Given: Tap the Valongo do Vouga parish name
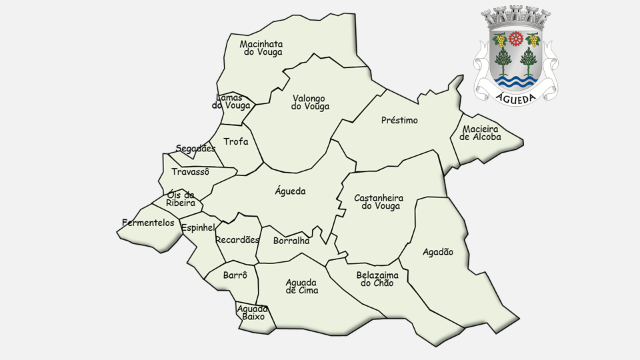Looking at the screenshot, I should click(x=311, y=102).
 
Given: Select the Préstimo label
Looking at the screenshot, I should click(x=399, y=121).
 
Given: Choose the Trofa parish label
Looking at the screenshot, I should click(x=236, y=141).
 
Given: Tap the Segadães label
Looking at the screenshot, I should click(x=195, y=149).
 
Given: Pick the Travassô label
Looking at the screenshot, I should click(x=190, y=172).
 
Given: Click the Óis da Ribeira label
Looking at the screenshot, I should click(x=181, y=199).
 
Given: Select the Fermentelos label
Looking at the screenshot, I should click(x=148, y=223).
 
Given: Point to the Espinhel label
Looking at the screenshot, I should click(x=198, y=228).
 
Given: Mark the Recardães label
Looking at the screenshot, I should click(x=237, y=240).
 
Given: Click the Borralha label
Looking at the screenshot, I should click(x=291, y=241).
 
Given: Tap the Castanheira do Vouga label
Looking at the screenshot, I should click(x=378, y=202).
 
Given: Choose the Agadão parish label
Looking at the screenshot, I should click(x=438, y=252).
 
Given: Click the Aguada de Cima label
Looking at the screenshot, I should click(x=302, y=286).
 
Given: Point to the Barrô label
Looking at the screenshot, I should click(x=235, y=275).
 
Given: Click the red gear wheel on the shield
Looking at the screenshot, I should click(x=515, y=39).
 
